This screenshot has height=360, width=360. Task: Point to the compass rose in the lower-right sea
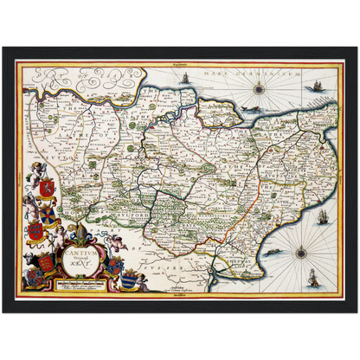point(300,254)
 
